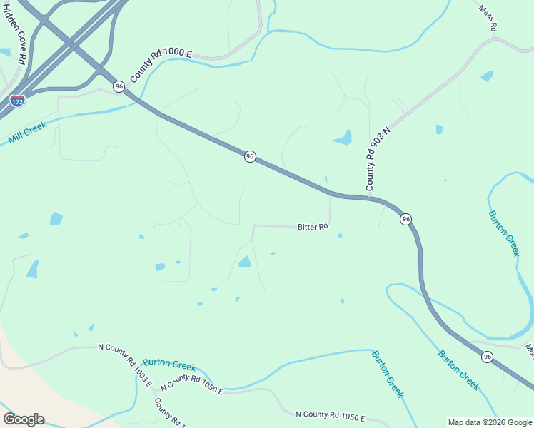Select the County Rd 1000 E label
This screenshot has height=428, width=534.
click(x=161, y=65)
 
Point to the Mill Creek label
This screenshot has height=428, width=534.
click(x=27, y=133)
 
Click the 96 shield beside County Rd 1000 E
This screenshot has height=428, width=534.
click(x=119, y=86)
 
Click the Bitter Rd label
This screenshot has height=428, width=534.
click(x=313, y=227)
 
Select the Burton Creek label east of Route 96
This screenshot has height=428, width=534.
click(x=505, y=233)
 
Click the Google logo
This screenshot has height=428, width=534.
click(x=24, y=419)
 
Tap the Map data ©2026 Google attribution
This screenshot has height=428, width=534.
click(x=490, y=422)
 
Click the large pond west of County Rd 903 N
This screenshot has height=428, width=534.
click(x=343, y=138)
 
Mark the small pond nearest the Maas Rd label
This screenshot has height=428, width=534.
click(x=487, y=76)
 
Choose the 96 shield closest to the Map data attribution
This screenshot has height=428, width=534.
click(x=486, y=357)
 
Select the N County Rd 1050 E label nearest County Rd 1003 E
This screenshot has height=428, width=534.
click(x=191, y=384)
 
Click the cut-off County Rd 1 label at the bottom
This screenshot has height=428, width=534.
click(x=171, y=413)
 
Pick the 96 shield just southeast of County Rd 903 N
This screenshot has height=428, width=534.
click(x=405, y=219)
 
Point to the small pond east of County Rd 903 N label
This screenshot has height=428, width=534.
click(x=439, y=129)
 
